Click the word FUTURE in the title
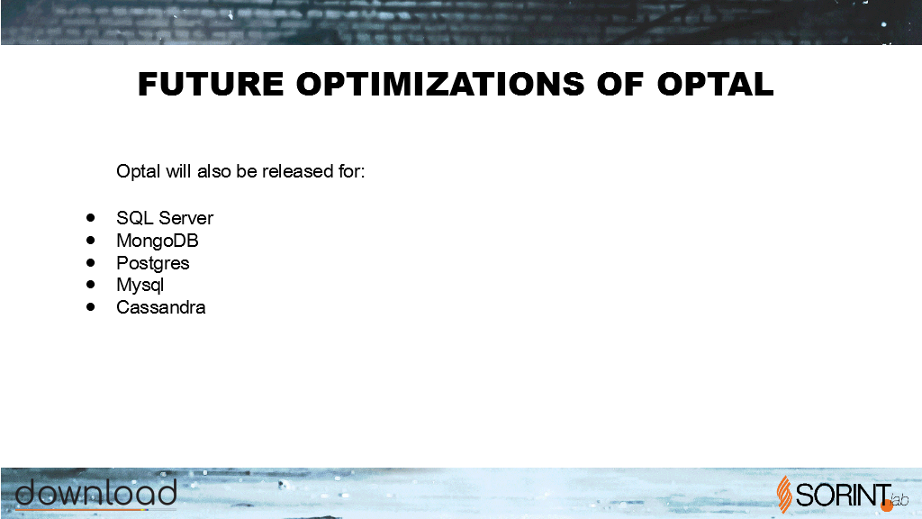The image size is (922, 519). [x=211, y=84]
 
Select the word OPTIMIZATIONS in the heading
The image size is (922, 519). [x=440, y=84]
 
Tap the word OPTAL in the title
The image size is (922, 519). [x=715, y=84]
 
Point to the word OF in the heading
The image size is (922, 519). [x=620, y=84]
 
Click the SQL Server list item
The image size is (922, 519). [x=165, y=218]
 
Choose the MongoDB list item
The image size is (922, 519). [x=157, y=240]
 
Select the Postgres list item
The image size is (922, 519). [x=153, y=263]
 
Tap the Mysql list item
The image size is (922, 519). [x=140, y=285]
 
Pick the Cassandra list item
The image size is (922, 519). [x=160, y=307]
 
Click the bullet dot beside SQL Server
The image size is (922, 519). [x=90, y=218]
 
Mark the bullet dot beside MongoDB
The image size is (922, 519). [x=90, y=240]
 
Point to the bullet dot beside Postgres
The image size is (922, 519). [x=90, y=262]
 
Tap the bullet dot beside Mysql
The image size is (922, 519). [x=90, y=284]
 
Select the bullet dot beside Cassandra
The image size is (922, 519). [x=90, y=306]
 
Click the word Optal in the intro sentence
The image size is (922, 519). [x=138, y=171]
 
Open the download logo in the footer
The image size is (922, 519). [x=95, y=494]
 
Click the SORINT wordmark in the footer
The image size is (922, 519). [x=843, y=495]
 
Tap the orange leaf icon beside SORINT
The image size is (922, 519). [x=784, y=495]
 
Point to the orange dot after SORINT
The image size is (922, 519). [x=887, y=505]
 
